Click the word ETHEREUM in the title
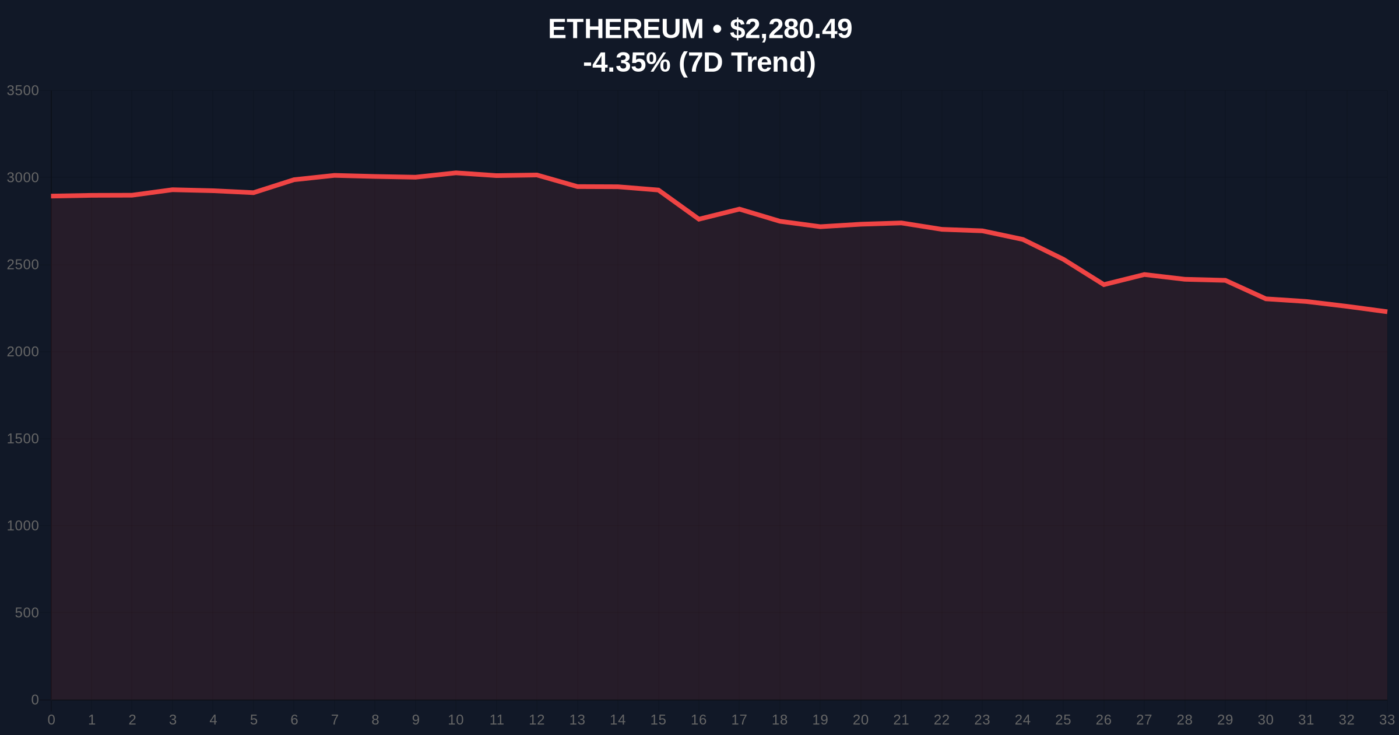[x=625, y=29]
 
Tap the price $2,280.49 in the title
[x=790, y=29]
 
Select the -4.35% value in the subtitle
[x=627, y=62]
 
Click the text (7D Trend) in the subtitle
[x=747, y=62]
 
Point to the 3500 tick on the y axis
[x=23, y=90]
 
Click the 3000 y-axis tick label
[x=23, y=177]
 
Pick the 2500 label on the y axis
[x=23, y=265]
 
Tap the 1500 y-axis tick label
[x=23, y=439]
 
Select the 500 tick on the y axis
[x=27, y=612]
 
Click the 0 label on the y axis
[x=35, y=699]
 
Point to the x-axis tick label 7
[x=335, y=720]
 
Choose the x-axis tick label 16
[x=698, y=720]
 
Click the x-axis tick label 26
[x=1103, y=720]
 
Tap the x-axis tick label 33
[x=1387, y=720]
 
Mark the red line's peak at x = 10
[x=456, y=173]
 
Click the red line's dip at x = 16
[x=699, y=219]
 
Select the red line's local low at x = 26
[x=1104, y=285]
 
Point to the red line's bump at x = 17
[x=739, y=209]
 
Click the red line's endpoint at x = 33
[x=1386, y=311]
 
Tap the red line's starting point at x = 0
[x=52, y=196]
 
